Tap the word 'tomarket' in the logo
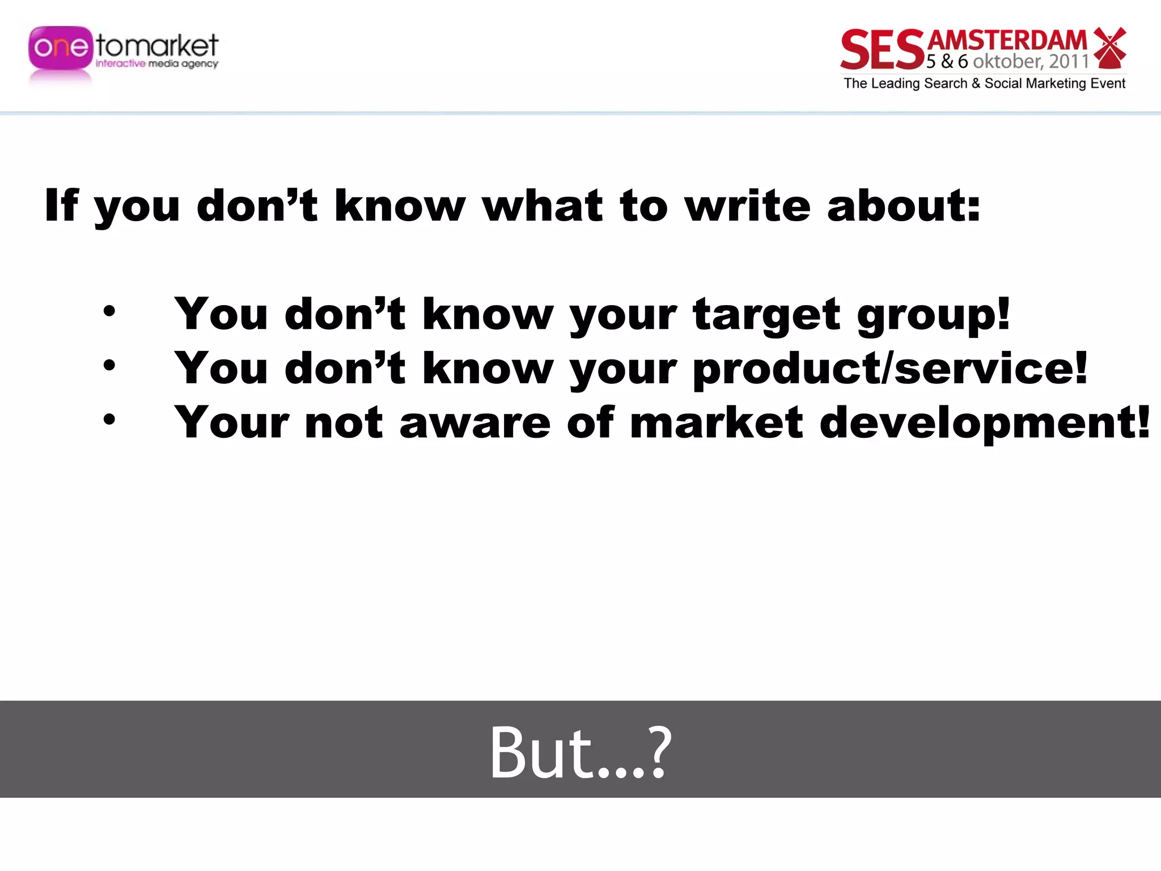[x=157, y=45]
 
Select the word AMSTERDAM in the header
[x=1007, y=41]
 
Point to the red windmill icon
[x=1109, y=48]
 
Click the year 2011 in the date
[x=1069, y=61]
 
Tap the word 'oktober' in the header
[x=1007, y=61]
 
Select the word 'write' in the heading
[x=748, y=205]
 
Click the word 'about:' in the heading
[x=904, y=205]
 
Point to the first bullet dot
[x=109, y=311]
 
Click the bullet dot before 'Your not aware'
[x=109, y=420]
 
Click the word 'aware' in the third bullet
[x=475, y=423]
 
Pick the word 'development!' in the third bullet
[x=985, y=423]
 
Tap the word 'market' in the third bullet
[x=717, y=423]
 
